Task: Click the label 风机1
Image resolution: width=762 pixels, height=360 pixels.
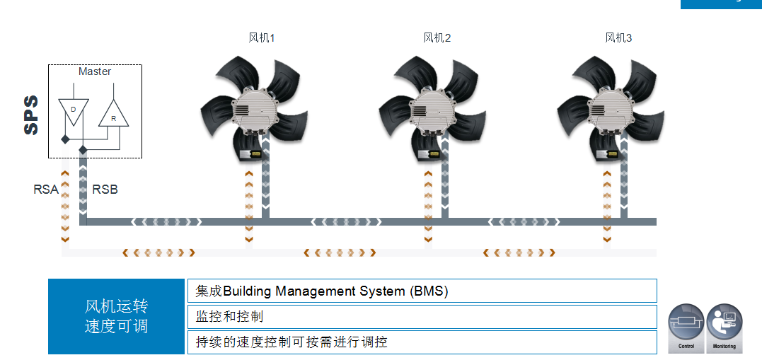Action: point(261,38)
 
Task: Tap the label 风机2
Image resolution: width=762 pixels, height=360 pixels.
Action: point(437,38)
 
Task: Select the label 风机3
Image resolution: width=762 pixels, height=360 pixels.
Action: point(618,38)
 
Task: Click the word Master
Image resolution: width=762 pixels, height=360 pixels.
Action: point(95,71)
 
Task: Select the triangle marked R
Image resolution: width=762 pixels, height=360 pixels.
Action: point(113,114)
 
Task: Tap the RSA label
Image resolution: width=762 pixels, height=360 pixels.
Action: point(46,190)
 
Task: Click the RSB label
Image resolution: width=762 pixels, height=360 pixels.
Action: point(105,190)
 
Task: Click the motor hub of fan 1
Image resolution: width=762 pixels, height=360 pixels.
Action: point(255,110)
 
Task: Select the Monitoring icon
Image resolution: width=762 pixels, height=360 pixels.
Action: point(724,327)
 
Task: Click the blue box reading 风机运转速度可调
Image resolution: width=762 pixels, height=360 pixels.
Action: point(116,316)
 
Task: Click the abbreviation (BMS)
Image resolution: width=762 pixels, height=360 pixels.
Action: point(429,291)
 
